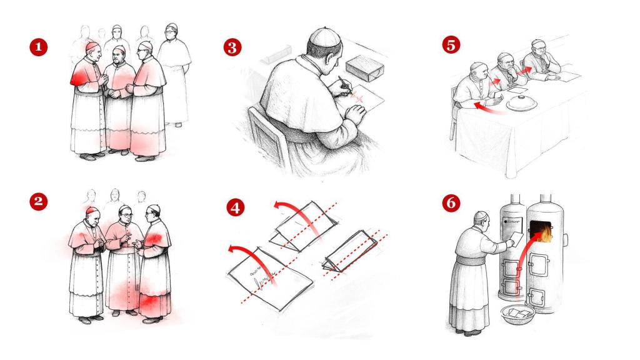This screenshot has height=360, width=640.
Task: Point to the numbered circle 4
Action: pyautogui.click(x=236, y=207)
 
